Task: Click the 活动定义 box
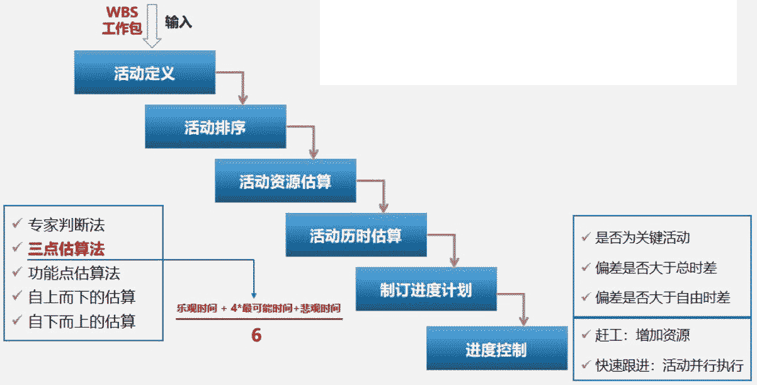click(145, 73)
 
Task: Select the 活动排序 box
click(215, 127)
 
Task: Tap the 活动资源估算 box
click(285, 181)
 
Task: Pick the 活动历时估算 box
click(356, 236)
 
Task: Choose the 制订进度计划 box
click(426, 290)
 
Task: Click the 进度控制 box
click(496, 348)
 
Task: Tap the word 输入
click(178, 23)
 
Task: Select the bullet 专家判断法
click(67, 224)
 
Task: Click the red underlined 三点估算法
click(66, 248)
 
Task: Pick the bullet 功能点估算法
click(74, 273)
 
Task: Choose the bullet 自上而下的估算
click(82, 297)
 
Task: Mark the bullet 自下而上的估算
click(82, 321)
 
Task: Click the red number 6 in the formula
click(256, 335)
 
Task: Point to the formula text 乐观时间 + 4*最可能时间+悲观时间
click(259, 308)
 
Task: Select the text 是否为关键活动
click(642, 238)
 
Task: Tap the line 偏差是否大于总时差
click(656, 268)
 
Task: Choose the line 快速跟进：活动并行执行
click(669, 365)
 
